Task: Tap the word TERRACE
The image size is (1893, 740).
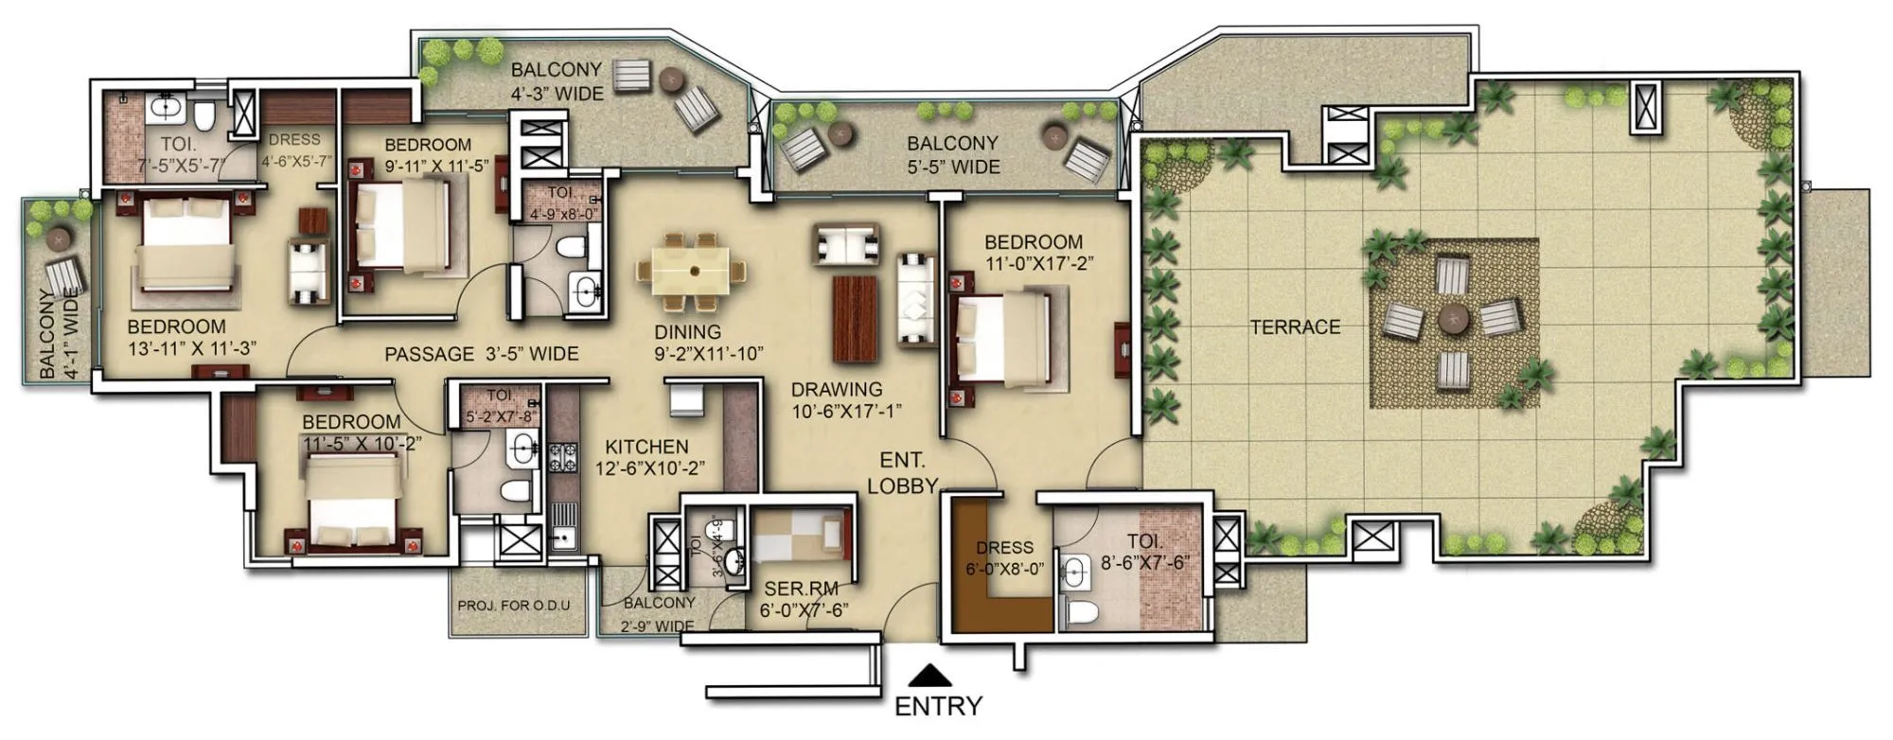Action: (1295, 327)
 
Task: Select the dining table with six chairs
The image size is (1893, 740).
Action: (695, 271)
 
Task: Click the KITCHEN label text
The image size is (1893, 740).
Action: (646, 447)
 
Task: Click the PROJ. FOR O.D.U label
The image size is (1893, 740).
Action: (514, 606)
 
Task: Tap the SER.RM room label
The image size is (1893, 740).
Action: (802, 589)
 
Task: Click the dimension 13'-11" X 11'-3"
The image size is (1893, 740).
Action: (192, 348)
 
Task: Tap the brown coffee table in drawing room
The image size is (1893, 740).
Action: (855, 318)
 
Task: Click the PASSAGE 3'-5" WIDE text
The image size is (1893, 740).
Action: (481, 354)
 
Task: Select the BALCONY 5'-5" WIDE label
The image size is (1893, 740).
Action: (952, 155)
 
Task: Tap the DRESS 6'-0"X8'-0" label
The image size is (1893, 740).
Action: (1004, 558)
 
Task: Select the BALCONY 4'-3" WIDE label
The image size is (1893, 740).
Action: (557, 81)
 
